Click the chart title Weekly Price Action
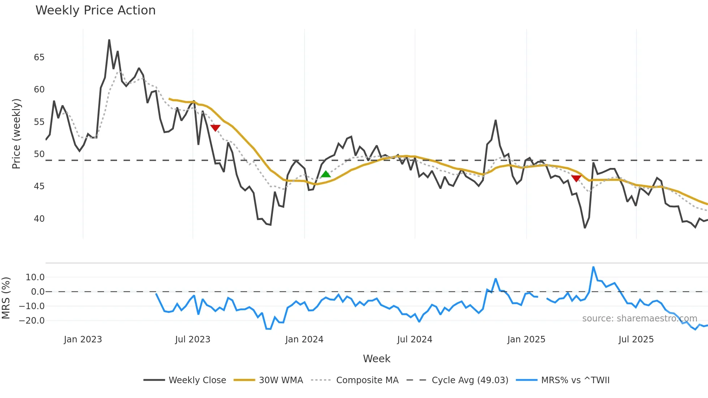coord(95,10)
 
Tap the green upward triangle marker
coord(325,174)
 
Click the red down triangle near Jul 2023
coord(215,128)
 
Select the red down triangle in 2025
coord(576,178)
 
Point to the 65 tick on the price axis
coord(39,57)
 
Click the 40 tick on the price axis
coord(39,219)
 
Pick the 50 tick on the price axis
coord(39,154)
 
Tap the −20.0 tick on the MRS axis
coord(32,321)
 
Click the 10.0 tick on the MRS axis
coord(35,277)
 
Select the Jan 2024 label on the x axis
coord(304,339)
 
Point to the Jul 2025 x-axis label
coord(636,339)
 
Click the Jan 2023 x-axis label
coord(83,339)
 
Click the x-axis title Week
coord(376,359)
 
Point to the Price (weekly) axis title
coord(16,134)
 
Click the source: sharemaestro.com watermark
coord(639,319)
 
